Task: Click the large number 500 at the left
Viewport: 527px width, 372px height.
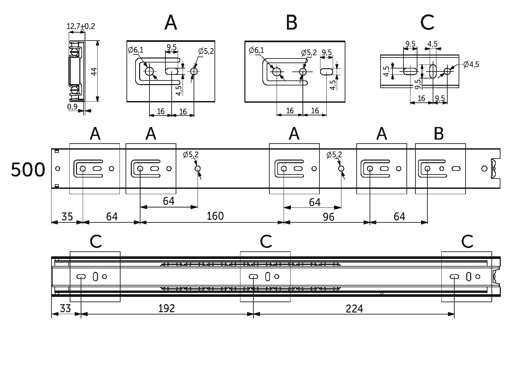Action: point(28,170)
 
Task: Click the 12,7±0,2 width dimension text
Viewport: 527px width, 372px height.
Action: point(81,26)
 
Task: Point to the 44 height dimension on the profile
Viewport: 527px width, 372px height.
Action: point(94,71)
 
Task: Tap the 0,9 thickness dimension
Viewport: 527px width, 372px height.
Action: point(72,107)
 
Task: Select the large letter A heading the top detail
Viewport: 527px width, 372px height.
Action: point(171,23)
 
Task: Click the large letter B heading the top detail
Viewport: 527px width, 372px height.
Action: point(292,23)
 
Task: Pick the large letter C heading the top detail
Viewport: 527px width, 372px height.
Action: point(427,23)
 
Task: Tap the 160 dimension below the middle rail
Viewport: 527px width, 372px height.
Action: point(215,216)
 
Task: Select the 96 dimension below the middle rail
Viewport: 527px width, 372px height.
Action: point(328,217)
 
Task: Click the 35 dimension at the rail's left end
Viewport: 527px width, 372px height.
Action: point(67,217)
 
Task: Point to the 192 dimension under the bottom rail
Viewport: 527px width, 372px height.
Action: point(166,309)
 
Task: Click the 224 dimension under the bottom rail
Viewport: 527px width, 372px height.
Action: point(354,309)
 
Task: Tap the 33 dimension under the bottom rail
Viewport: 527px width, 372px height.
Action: point(65,309)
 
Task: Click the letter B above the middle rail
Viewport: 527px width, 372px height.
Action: point(439,134)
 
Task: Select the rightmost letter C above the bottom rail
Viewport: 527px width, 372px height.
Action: point(467,242)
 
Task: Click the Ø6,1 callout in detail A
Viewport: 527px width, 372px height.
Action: point(136,50)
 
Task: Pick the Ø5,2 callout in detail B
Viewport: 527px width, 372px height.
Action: point(309,53)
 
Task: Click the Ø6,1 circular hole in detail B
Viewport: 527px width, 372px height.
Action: point(277,71)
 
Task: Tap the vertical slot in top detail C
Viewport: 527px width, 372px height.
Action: point(433,71)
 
